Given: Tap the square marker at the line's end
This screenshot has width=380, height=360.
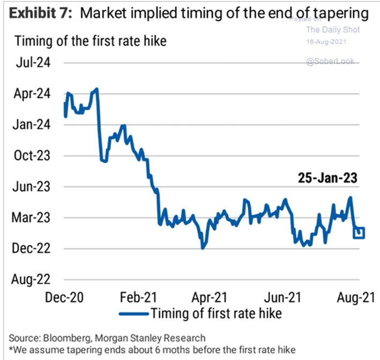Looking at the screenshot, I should click(359, 232).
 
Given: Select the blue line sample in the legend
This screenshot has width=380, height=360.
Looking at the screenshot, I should click(135, 313).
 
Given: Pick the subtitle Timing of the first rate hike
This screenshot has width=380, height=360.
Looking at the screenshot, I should click(90, 41).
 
